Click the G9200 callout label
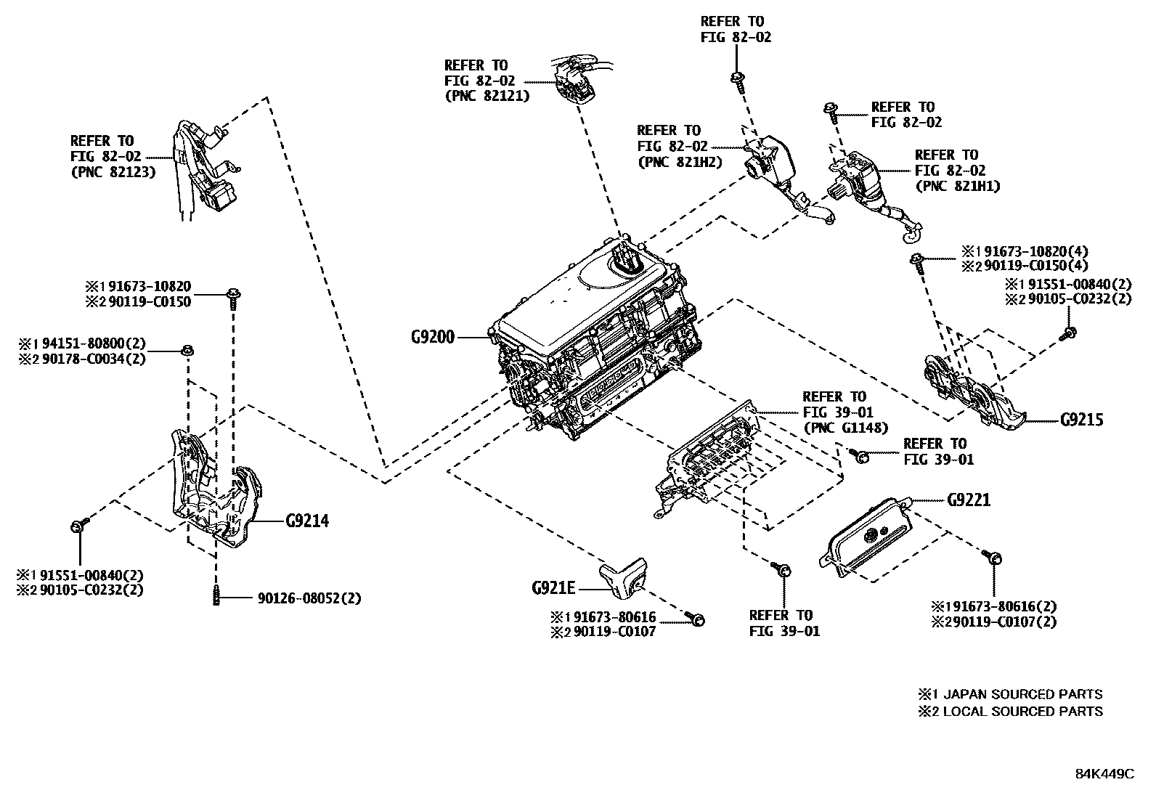(432, 337)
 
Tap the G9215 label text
(1081, 420)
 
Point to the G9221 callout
(968, 500)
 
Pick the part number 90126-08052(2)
(309, 598)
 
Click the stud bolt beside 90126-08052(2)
(216, 596)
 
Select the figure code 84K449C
(1104, 773)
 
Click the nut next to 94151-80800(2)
(187, 351)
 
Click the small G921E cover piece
(623, 578)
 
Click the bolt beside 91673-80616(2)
(995, 558)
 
